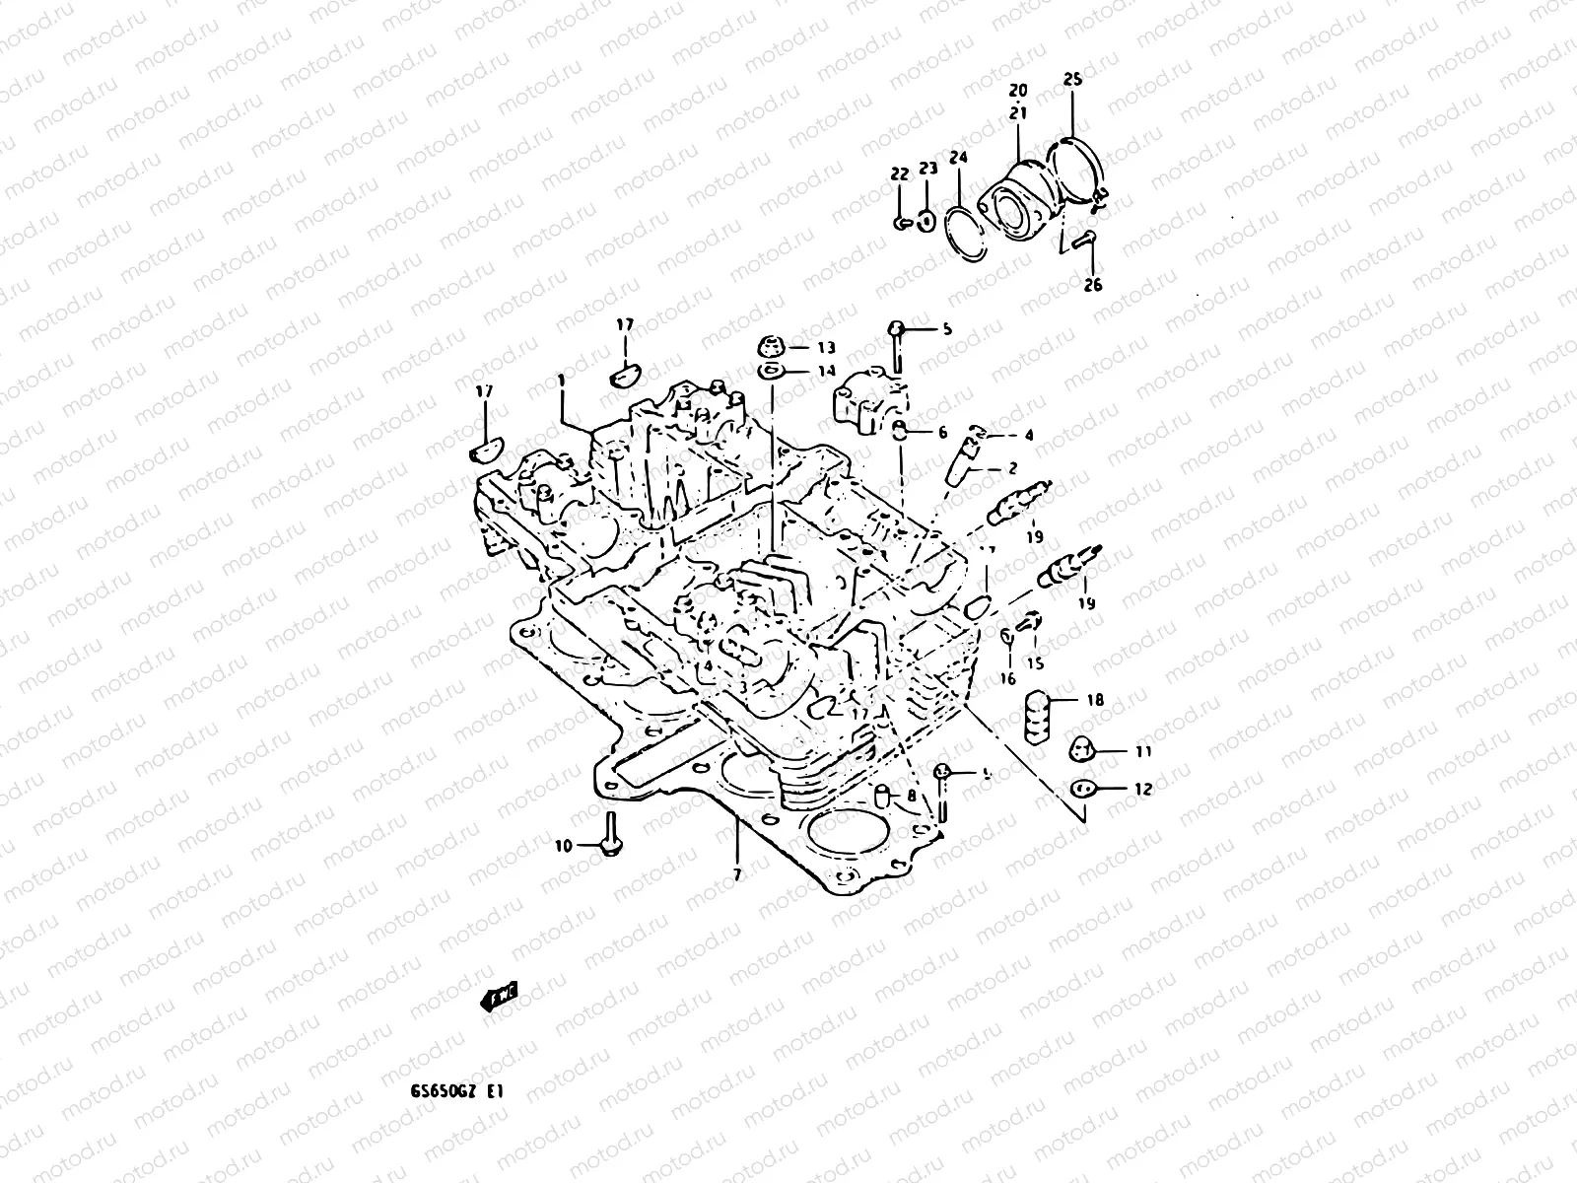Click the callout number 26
click(x=1092, y=286)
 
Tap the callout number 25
click(x=1072, y=79)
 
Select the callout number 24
click(x=959, y=158)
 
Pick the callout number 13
click(x=826, y=347)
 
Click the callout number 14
click(x=826, y=372)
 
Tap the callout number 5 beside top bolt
click(x=947, y=329)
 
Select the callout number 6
click(x=942, y=432)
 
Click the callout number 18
click(x=1095, y=701)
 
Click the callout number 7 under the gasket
click(x=737, y=873)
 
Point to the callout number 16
click(x=1007, y=679)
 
